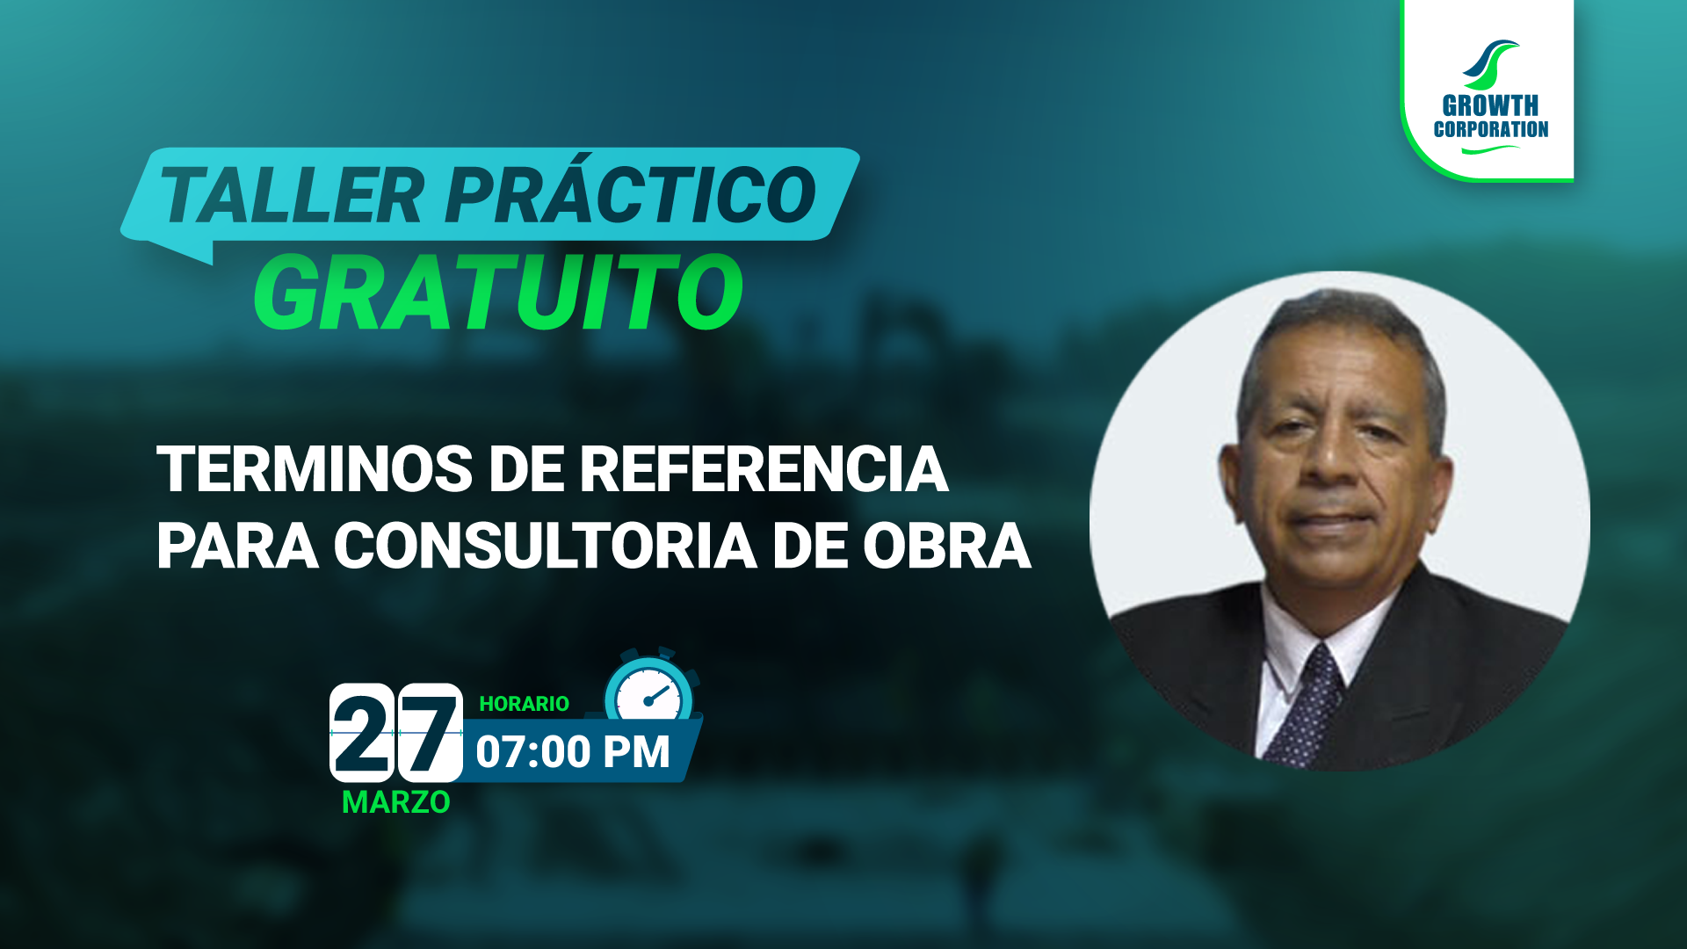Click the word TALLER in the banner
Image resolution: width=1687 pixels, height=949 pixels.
(292, 195)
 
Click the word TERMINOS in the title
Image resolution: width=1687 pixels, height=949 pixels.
(315, 469)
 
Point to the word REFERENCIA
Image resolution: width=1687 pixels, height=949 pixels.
(764, 469)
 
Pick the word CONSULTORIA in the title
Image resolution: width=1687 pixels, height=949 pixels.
(545, 546)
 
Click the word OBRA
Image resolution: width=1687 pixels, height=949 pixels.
(946, 546)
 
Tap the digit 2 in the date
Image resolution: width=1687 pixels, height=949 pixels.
(362, 732)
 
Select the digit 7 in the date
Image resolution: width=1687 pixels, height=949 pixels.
(431, 732)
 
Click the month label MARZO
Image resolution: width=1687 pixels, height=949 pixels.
(395, 802)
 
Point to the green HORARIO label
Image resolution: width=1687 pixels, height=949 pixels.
(524, 704)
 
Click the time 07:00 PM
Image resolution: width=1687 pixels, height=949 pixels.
(573, 752)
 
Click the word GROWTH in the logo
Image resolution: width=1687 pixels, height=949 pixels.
(1490, 106)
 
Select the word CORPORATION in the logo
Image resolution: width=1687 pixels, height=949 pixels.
(1491, 129)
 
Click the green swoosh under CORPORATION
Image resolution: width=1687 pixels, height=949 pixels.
(1490, 149)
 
